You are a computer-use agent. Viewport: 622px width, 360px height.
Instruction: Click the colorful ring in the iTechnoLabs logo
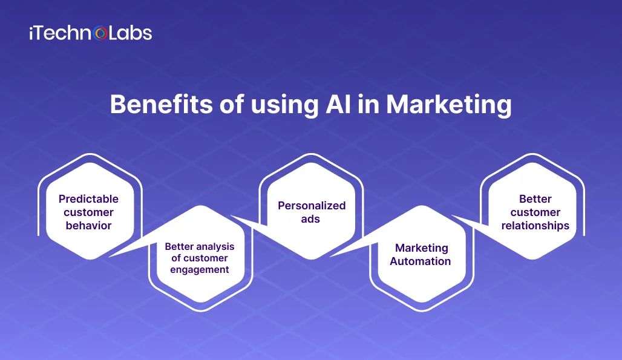101,33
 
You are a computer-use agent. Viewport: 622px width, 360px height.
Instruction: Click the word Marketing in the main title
448,105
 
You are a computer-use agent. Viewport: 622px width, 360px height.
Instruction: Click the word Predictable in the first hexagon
88,198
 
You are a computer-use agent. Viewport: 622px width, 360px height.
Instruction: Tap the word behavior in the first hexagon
88,225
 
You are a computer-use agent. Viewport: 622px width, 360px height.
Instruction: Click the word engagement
200,270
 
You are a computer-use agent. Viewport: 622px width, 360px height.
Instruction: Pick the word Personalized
312,205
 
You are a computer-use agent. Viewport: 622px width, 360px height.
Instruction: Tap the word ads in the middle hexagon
310,219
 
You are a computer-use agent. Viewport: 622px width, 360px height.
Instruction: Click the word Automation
420,261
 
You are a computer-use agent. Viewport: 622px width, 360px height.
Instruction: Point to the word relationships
535,226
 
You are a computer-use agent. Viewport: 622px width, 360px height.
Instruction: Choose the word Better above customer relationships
535,198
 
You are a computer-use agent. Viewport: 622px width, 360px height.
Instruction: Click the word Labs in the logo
130,33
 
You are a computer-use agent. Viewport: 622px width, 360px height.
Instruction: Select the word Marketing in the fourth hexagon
422,248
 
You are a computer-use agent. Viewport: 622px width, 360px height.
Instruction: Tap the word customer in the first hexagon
88,212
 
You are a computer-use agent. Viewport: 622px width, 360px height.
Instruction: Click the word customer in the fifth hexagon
535,212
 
